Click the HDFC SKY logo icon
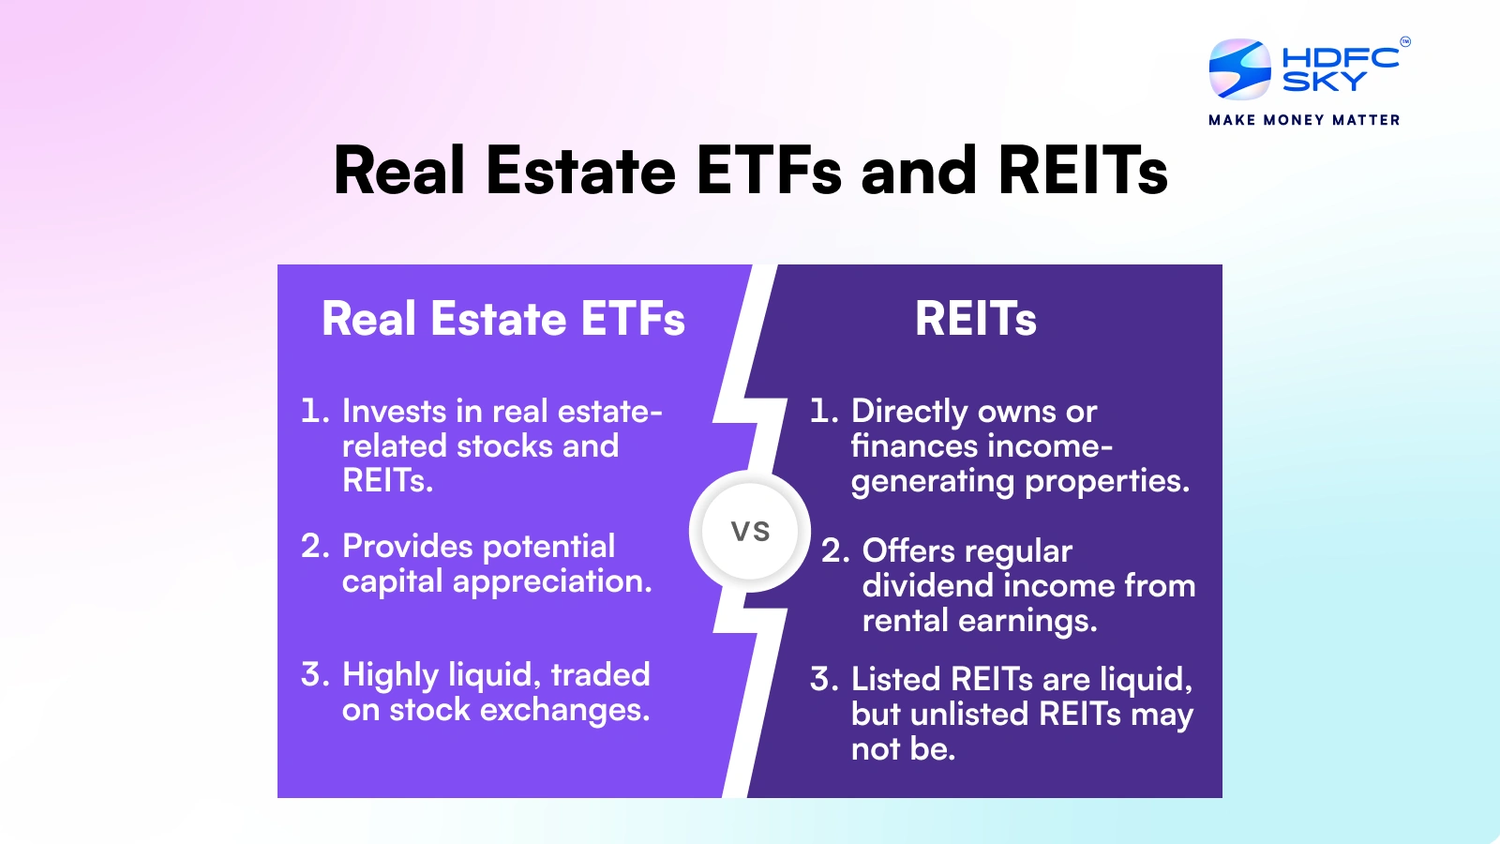point(1239,69)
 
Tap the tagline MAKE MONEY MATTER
point(1304,120)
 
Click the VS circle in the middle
point(750,532)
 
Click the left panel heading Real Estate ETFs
point(503,319)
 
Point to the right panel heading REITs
point(976,319)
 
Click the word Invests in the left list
point(394,411)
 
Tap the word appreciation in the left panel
point(552,581)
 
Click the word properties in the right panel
point(1106,481)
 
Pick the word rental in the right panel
point(905,621)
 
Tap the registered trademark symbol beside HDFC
point(1404,41)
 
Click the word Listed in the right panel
point(895,679)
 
